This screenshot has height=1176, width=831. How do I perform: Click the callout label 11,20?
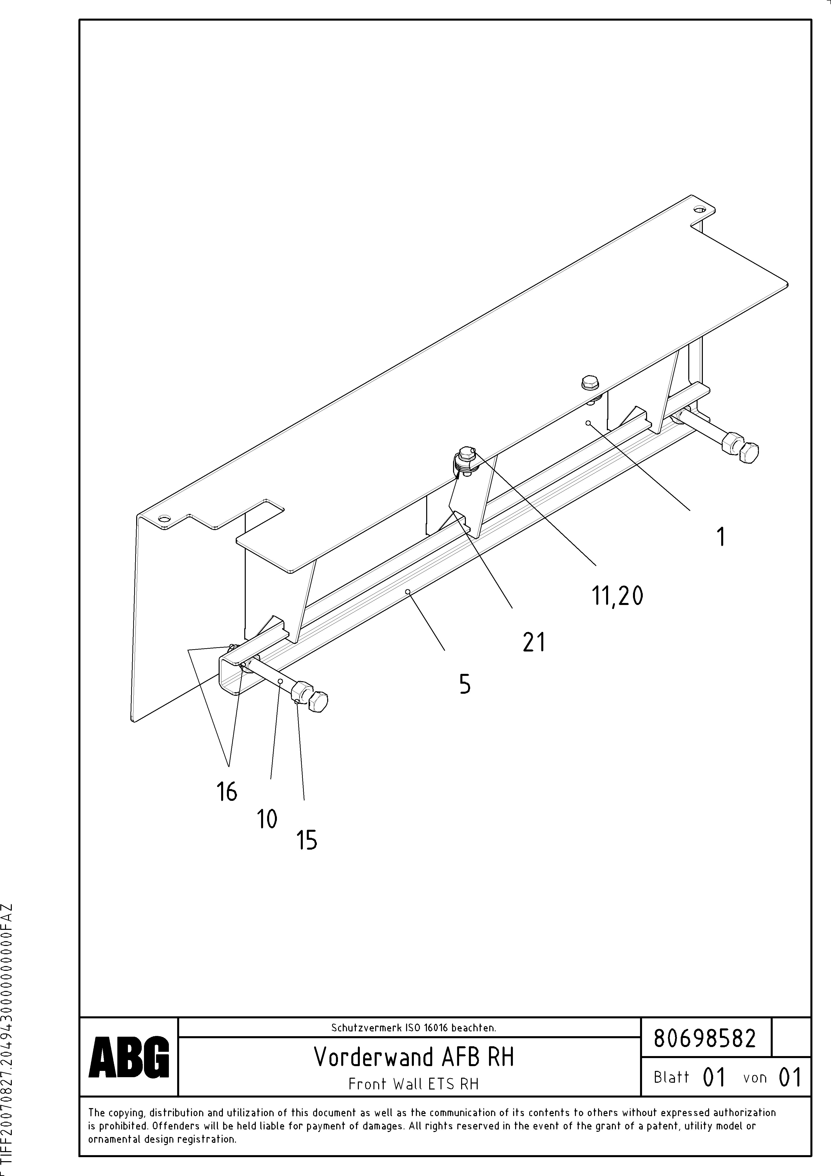click(617, 596)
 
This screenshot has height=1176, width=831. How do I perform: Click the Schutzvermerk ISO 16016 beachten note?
click(413, 1027)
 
